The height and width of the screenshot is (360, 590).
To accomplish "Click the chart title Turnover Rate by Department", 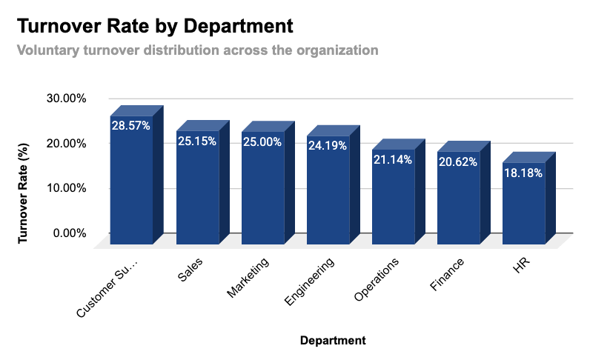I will coord(155,26).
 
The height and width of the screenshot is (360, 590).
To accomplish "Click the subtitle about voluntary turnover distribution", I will coord(197,50).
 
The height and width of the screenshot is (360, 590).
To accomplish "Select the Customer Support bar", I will coord(131,185).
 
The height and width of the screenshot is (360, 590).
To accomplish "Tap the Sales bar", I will coord(196,193).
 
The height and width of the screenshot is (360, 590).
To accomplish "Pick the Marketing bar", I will coord(262,193).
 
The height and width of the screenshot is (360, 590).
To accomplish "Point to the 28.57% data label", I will coord(131,126).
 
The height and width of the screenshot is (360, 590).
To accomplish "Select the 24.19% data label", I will coord(327,145).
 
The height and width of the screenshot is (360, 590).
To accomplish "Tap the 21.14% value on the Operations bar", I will coord(392,159).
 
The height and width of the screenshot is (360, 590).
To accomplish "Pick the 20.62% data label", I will coord(457,161).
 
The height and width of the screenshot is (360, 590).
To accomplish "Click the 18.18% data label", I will coord(523,173).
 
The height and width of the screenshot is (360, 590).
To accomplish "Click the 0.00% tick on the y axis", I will coord(70,233).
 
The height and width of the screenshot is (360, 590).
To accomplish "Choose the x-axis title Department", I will coord(333,341).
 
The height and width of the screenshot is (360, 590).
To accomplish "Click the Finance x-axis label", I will coord(447,276).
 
